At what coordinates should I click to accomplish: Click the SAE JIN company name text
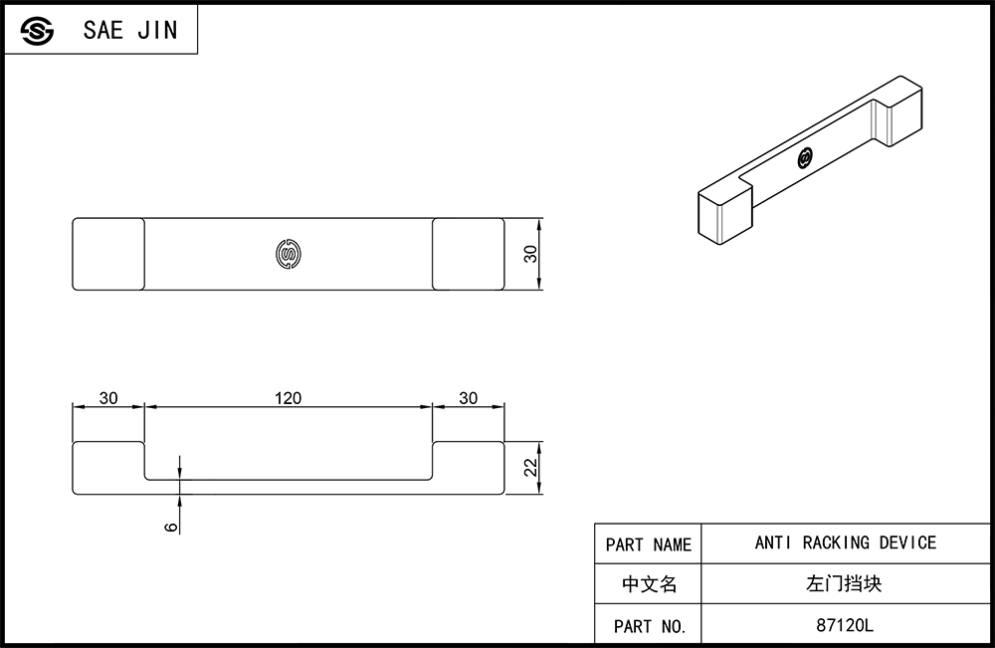(x=130, y=30)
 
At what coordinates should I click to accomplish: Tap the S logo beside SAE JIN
(x=37, y=31)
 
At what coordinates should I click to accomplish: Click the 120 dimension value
(x=288, y=398)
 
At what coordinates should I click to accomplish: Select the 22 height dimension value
(x=530, y=467)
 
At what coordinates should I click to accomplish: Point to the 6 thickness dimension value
(x=171, y=527)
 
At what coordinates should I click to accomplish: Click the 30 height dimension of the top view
(x=530, y=254)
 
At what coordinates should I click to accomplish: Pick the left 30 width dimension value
(x=108, y=398)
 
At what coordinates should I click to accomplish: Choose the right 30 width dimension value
(x=469, y=398)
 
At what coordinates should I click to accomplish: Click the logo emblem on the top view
(x=289, y=254)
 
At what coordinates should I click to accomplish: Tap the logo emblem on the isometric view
(x=805, y=158)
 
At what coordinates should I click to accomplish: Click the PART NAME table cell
(x=648, y=543)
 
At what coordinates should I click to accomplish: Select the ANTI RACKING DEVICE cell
(x=845, y=543)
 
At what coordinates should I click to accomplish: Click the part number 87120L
(x=845, y=625)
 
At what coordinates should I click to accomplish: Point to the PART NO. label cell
(x=648, y=624)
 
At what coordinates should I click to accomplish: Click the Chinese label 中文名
(x=649, y=584)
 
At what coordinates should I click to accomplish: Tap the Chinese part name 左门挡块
(x=844, y=583)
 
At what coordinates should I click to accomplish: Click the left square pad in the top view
(x=108, y=254)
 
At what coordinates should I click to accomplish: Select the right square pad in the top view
(x=469, y=254)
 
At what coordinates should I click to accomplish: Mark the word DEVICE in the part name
(x=907, y=542)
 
